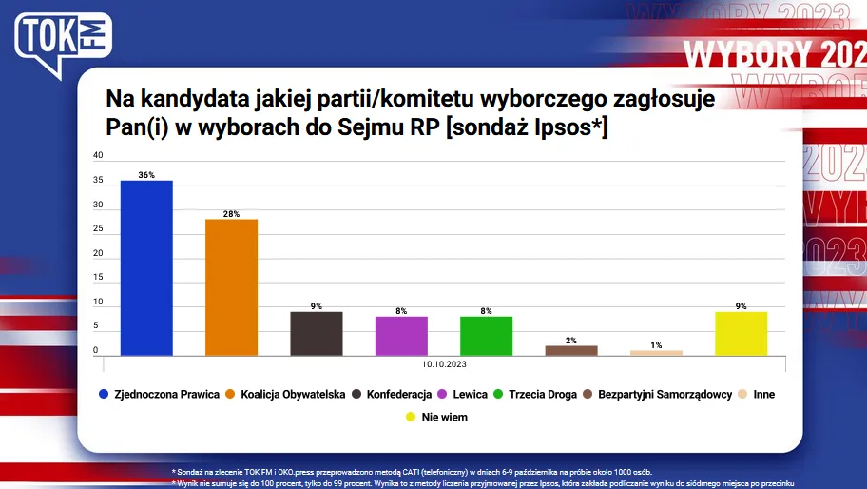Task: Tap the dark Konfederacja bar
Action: click(316, 333)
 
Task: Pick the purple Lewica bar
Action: click(401, 336)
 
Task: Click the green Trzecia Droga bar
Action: click(486, 336)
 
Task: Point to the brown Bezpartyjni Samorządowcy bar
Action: click(571, 350)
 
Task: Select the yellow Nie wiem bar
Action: click(741, 333)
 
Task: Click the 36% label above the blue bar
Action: click(146, 175)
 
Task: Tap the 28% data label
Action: click(231, 213)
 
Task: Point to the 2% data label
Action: click(571, 340)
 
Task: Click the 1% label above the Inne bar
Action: click(656, 344)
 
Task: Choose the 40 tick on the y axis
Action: click(98, 156)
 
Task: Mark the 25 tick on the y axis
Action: click(98, 229)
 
